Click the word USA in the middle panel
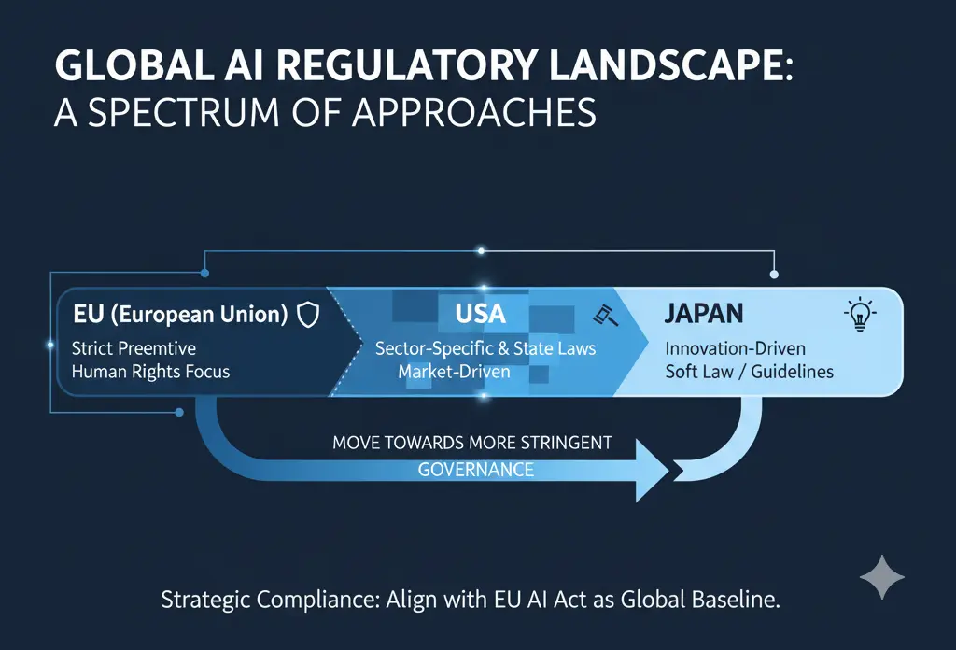481,314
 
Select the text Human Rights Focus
150,371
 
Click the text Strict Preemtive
134,348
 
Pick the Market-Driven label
454,371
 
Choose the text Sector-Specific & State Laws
485,348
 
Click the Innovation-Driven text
735,348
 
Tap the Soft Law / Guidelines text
750,371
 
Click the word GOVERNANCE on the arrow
476,469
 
